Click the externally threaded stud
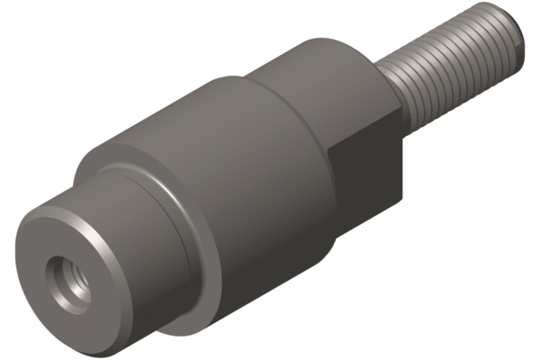450,72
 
